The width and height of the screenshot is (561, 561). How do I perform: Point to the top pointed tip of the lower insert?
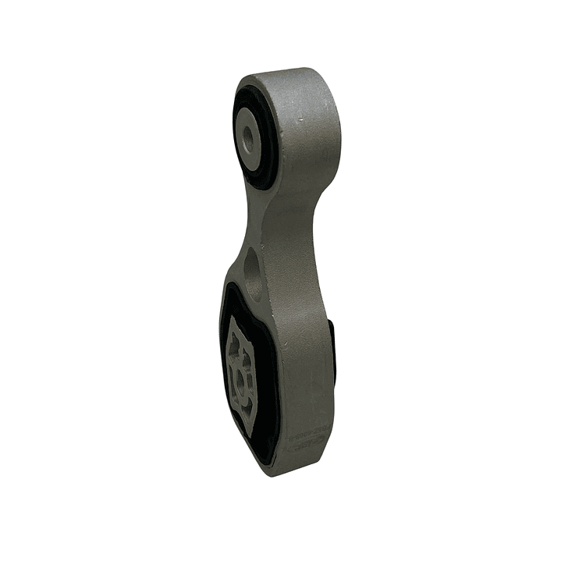pyautogui.click(x=233, y=318)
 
